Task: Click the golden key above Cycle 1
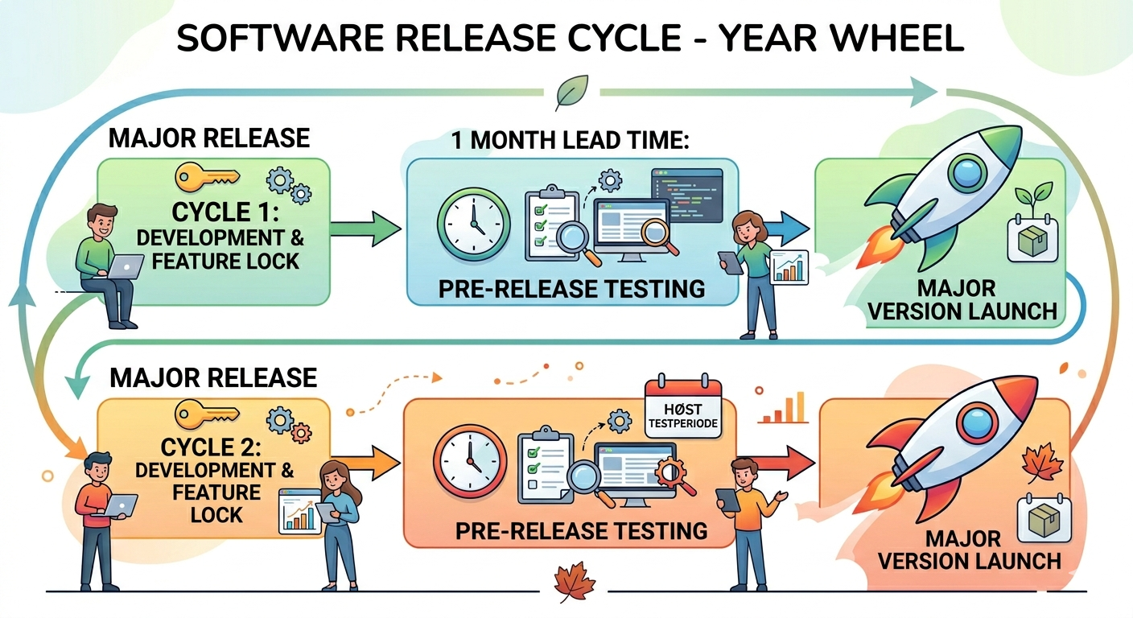tap(207, 176)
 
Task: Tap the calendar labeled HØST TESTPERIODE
tap(682, 406)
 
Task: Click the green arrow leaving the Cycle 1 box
tap(368, 229)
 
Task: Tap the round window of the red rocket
tap(975, 424)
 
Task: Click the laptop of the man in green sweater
tap(125, 266)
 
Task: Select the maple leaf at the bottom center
tap(575, 581)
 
